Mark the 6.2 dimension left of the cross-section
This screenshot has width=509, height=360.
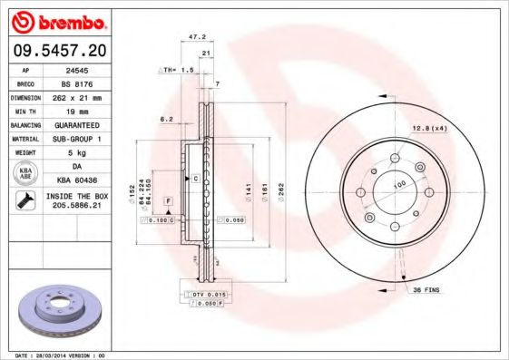point(166,119)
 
